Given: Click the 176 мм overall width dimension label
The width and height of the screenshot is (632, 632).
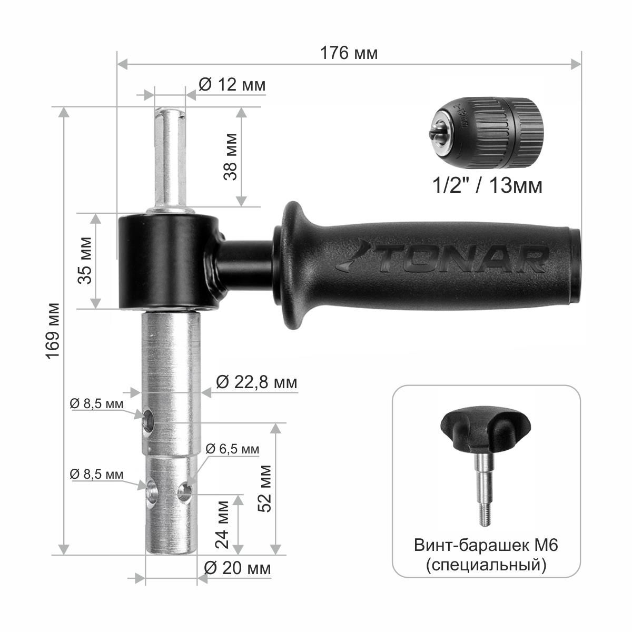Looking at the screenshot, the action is click(x=349, y=53).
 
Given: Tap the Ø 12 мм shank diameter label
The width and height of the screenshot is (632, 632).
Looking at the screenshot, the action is click(x=232, y=85).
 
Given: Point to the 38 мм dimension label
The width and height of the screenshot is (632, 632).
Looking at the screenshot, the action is click(x=230, y=157).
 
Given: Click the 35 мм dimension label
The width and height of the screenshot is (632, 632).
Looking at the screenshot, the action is click(x=85, y=260).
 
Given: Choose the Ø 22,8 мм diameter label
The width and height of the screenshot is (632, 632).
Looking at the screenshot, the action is click(x=256, y=382).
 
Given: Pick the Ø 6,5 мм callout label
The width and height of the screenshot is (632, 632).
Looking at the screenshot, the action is click(x=232, y=449).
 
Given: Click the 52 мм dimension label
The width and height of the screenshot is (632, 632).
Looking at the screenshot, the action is click(x=264, y=489).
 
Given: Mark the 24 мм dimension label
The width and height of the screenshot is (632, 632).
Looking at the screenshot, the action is click(x=222, y=525).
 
